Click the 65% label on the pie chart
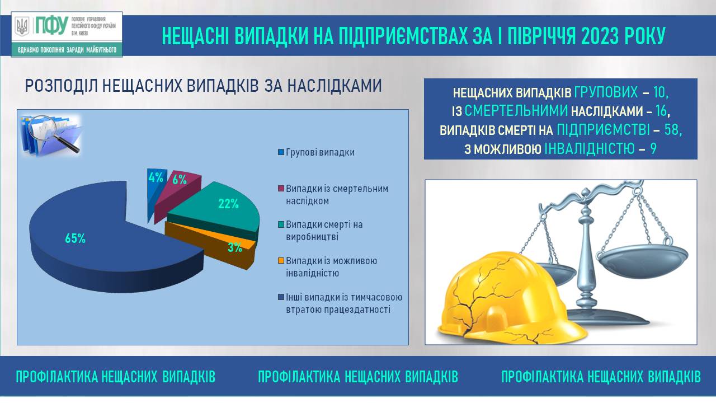click(75, 238)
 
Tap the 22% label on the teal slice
click(228, 204)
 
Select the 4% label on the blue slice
click(156, 177)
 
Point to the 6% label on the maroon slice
click(180, 180)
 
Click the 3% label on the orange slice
click(235, 247)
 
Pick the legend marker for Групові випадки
click(281, 152)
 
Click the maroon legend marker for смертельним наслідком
click(281, 189)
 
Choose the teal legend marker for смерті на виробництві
click(281, 224)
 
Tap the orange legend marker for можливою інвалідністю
click(281, 261)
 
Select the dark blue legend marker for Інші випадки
click(281, 297)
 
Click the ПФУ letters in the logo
click(51, 26)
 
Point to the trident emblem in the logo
click(22, 26)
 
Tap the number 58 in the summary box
click(671, 130)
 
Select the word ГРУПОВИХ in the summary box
click(606, 92)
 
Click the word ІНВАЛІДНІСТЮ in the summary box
click(590, 149)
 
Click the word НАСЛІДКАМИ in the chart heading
click(335, 86)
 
